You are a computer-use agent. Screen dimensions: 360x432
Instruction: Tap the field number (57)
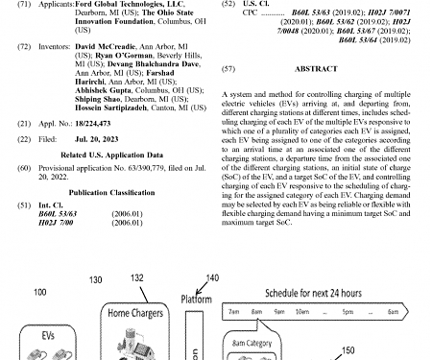[228, 70]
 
